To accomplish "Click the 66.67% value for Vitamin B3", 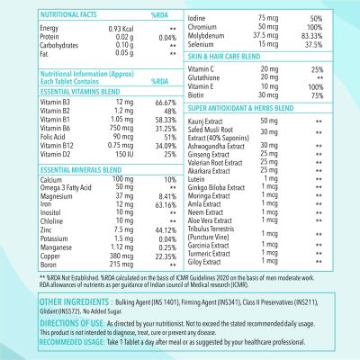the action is tap(159, 103).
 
